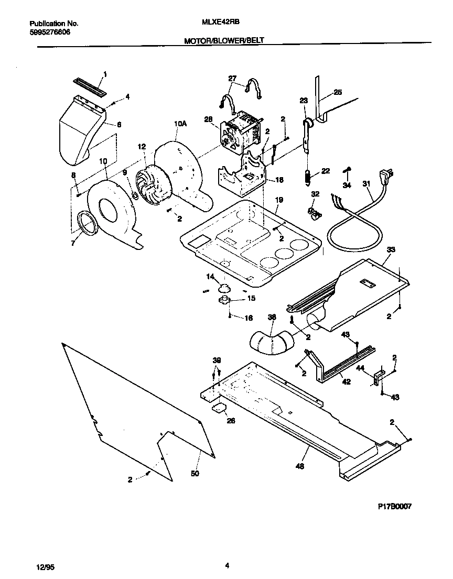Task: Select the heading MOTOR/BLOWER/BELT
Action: click(227, 40)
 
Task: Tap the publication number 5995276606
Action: click(49, 32)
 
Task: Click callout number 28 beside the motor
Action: click(208, 119)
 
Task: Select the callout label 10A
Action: click(180, 124)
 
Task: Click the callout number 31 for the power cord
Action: click(365, 184)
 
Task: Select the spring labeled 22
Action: click(308, 177)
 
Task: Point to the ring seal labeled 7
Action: click(87, 223)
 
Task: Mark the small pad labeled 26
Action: click(219, 408)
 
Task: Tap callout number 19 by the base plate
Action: click(279, 200)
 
